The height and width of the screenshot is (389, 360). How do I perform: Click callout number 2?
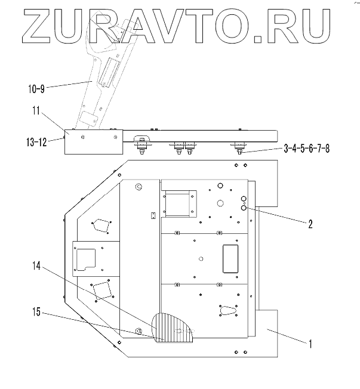pyautogui.click(x=310, y=225)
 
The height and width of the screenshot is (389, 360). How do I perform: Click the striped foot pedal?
pyautogui.click(x=174, y=329)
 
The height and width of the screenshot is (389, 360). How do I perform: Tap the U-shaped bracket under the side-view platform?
pyautogui.click(x=142, y=143)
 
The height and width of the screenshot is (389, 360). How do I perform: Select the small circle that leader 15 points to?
pyautogui.click(x=139, y=331)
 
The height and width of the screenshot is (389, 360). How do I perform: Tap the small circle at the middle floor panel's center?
pyautogui.click(x=201, y=258)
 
